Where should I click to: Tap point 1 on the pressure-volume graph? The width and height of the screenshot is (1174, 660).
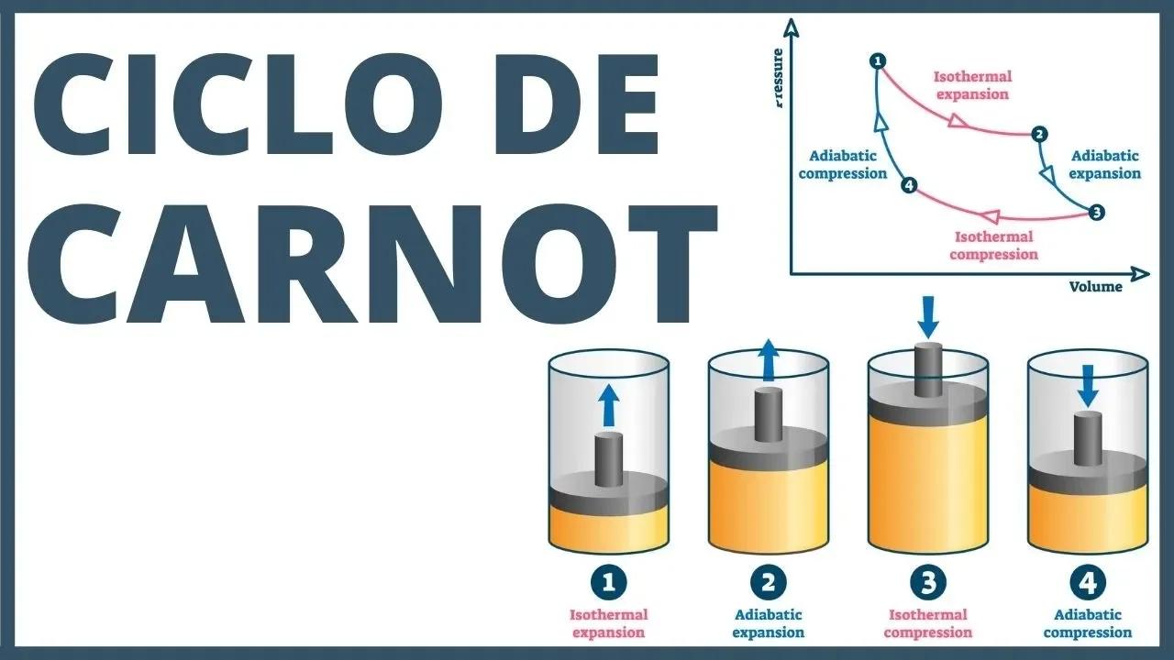pyautogui.click(x=878, y=61)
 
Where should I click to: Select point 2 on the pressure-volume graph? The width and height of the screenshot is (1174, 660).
pyautogui.click(x=1038, y=135)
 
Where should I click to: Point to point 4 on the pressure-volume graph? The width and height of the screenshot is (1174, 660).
pyautogui.click(x=909, y=186)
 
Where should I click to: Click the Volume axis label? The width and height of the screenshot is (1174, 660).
pyautogui.click(x=1095, y=287)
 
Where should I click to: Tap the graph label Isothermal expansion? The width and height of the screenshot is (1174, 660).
pyautogui.click(x=972, y=85)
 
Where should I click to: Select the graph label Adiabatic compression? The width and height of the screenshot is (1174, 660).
pyautogui.click(x=843, y=165)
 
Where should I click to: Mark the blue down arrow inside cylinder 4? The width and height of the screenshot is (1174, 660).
pyautogui.click(x=1088, y=385)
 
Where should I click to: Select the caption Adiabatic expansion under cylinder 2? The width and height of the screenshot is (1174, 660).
pyautogui.click(x=769, y=623)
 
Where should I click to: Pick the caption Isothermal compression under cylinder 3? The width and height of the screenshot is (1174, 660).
pyautogui.click(x=928, y=623)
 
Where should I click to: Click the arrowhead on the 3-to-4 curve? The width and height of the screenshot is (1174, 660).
pyautogui.click(x=990, y=216)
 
